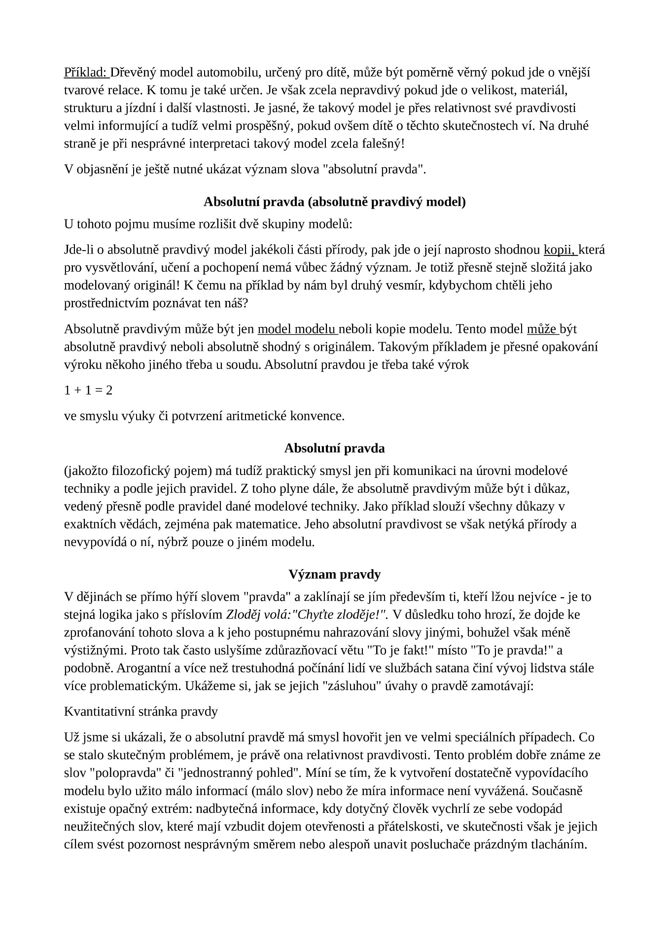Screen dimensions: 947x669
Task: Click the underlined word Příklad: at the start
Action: point(86,73)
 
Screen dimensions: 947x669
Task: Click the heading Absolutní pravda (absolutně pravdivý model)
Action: point(334,202)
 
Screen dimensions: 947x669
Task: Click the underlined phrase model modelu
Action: point(297,329)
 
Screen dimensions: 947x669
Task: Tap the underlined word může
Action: point(542,329)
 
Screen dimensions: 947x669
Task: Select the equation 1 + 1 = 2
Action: point(88,390)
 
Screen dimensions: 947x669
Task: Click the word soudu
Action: point(247,364)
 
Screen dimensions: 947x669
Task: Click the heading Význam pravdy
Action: point(334,574)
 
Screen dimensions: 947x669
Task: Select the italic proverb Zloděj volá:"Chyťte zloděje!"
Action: point(307,615)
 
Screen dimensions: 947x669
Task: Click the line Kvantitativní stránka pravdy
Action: point(141,711)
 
